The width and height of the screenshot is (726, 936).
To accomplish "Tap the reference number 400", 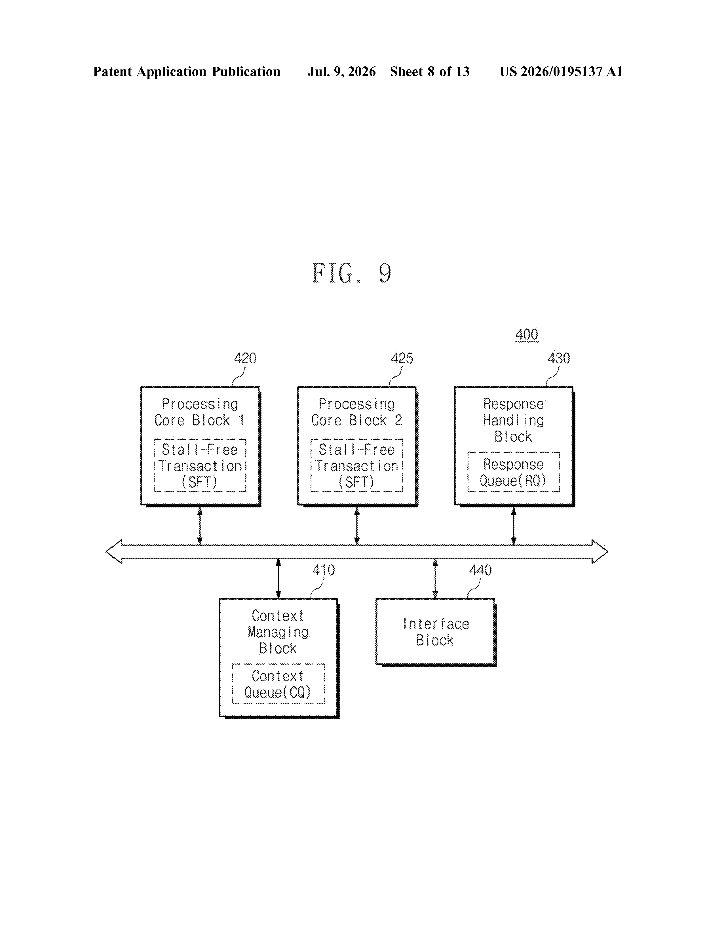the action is click(x=527, y=335).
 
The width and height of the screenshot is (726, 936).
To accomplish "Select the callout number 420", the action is click(x=245, y=358).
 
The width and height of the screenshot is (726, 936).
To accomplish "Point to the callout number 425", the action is click(x=402, y=358).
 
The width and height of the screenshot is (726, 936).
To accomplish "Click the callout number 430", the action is click(x=559, y=358).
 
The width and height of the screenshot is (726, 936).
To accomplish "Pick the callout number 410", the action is click(x=324, y=570).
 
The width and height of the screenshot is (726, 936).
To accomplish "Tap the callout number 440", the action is click(x=480, y=570).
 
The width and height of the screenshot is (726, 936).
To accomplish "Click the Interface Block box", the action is click(x=435, y=632).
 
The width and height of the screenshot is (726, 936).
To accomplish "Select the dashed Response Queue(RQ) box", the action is click(x=513, y=472).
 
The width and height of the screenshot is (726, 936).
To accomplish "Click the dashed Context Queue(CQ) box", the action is click(x=278, y=684).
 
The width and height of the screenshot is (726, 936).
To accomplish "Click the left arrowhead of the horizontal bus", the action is click(x=113, y=552).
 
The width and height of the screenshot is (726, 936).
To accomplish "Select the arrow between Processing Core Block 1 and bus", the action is click(x=200, y=526).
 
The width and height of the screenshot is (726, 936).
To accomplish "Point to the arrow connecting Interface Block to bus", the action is click(x=435, y=579).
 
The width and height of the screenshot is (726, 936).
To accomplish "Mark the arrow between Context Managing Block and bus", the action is click(x=278, y=579).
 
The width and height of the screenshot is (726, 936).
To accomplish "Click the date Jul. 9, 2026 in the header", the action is click(x=341, y=71).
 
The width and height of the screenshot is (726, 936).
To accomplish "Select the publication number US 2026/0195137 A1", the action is click(x=561, y=71).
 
